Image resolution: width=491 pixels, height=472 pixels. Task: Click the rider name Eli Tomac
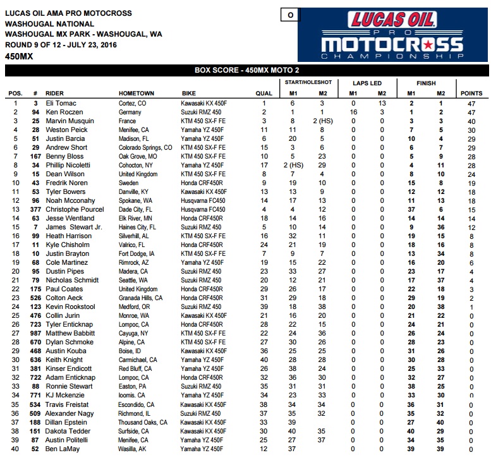click(x=62, y=102)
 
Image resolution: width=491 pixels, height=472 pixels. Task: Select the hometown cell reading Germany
click(x=130, y=112)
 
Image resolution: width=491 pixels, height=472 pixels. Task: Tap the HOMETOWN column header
click(x=136, y=94)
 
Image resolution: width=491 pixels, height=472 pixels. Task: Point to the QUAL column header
click(x=264, y=94)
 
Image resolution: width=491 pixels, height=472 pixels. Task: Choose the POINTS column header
click(x=471, y=94)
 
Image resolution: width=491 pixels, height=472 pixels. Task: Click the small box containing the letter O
click(x=290, y=15)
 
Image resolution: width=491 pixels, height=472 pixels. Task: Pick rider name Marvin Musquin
click(x=70, y=121)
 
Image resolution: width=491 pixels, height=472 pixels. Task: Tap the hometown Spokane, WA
click(x=136, y=200)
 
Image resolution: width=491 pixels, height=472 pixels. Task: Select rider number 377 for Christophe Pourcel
click(x=35, y=209)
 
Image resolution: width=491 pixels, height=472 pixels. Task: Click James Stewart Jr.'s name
click(x=73, y=227)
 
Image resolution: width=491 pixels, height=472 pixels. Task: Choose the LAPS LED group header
click(x=367, y=82)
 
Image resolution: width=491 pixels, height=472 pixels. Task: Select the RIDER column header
click(x=59, y=94)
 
